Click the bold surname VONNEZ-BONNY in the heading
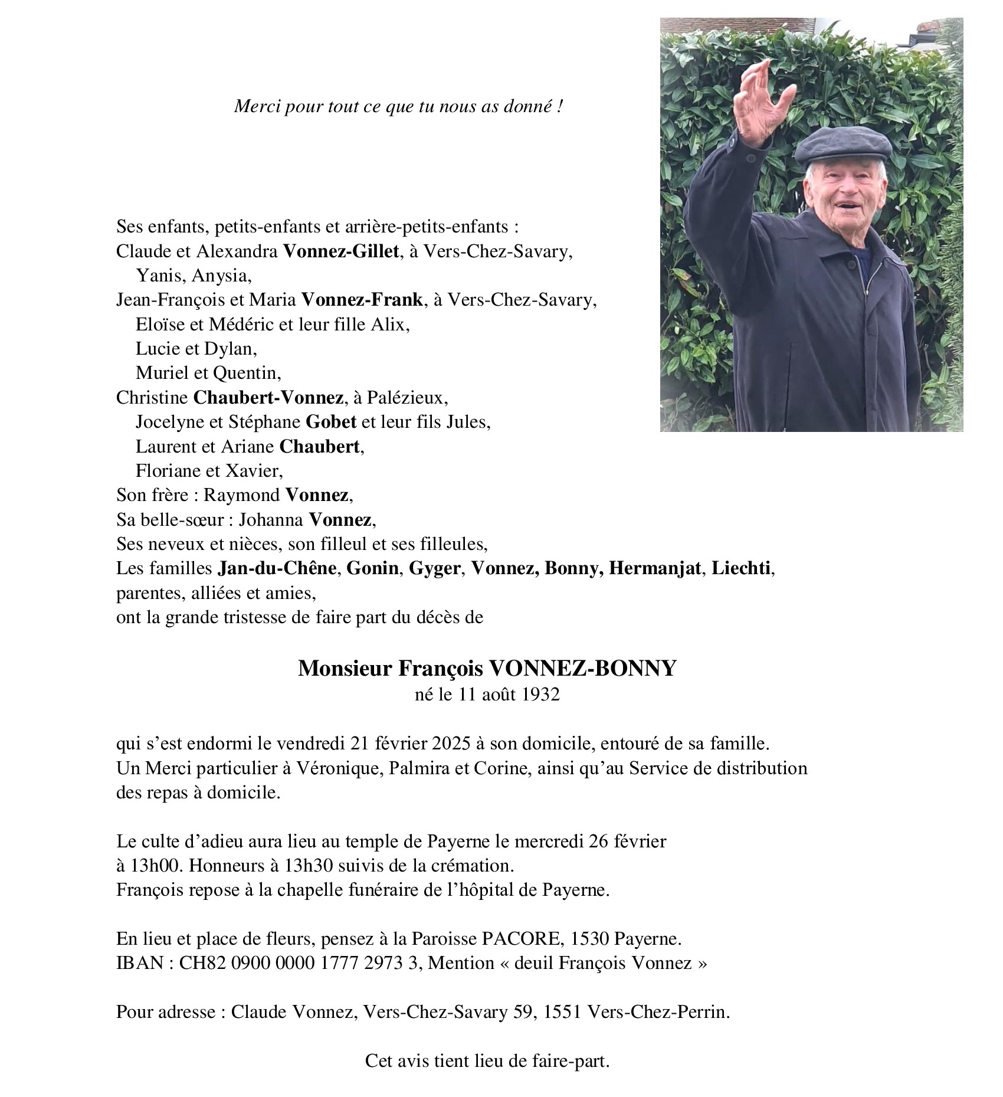click(581, 669)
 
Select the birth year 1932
click(540, 695)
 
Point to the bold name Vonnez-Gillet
click(341, 252)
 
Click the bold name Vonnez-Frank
click(362, 300)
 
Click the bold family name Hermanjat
click(655, 569)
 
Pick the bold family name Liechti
click(742, 569)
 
